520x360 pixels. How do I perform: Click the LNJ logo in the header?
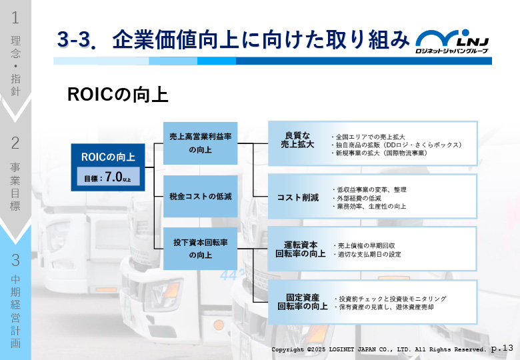(x=453, y=41)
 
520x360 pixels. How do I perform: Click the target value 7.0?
(x=114, y=177)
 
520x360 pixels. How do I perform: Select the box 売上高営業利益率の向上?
(x=200, y=143)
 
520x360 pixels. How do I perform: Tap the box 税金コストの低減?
(x=200, y=196)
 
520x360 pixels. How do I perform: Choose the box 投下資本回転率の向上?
(x=200, y=249)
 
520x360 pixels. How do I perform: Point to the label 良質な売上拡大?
(x=297, y=140)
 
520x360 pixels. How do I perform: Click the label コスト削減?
(x=298, y=197)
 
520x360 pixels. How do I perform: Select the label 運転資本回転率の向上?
(x=301, y=249)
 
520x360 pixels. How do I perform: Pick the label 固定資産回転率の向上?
(x=303, y=302)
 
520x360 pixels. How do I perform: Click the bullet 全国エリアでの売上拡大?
(x=368, y=137)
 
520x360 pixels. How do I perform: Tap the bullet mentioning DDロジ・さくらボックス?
(x=397, y=145)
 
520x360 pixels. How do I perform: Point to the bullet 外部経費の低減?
(x=357, y=198)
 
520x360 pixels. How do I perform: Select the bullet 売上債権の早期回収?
(x=364, y=245)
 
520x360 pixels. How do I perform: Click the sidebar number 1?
(x=15, y=17)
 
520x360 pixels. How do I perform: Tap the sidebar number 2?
(x=15, y=143)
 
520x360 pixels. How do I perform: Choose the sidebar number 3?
(x=15, y=260)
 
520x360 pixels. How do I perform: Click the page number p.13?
(x=502, y=349)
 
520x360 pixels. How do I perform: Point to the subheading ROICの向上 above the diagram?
(x=118, y=95)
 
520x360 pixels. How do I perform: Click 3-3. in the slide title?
(x=77, y=39)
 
